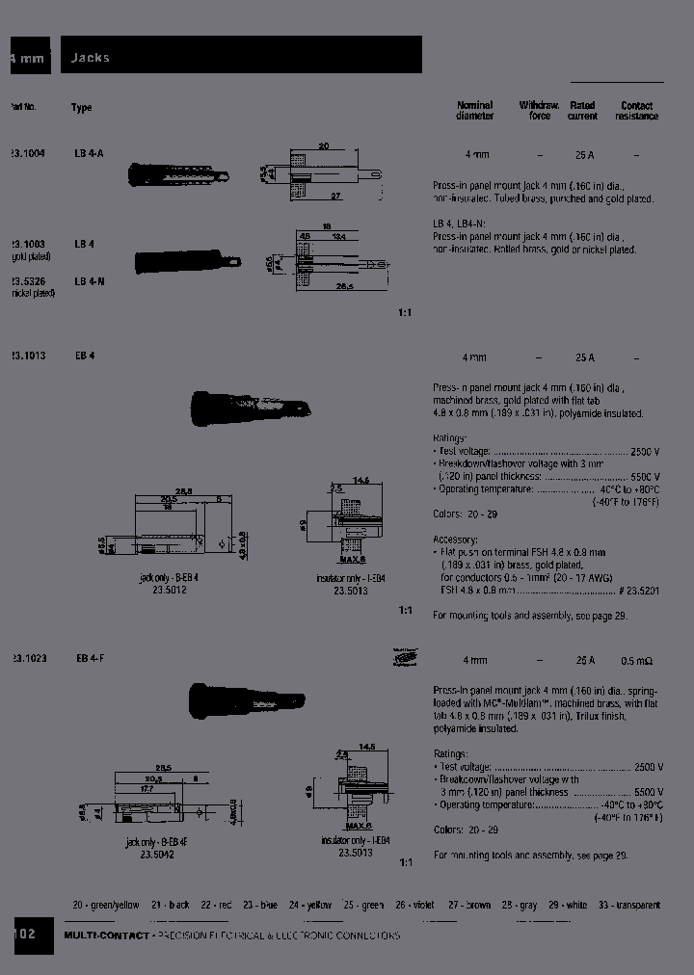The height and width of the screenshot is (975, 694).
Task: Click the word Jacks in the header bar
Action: pos(91,58)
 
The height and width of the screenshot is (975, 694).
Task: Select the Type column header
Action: pos(82,108)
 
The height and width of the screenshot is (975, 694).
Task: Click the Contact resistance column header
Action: pos(636,111)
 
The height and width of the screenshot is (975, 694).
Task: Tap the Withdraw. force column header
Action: pos(539,111)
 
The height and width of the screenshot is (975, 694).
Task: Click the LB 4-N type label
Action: pos(90,281)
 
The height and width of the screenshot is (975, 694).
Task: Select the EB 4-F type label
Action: pos(90,659)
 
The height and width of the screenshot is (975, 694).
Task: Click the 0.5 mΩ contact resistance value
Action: pos(637,661)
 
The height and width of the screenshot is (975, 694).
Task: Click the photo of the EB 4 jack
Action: pos(250,405)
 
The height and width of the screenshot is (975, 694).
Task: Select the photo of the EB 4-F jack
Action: pos(250,698)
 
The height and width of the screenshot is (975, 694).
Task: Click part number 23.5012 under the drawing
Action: pos(169,589)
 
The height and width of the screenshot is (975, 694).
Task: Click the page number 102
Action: pos(25,935)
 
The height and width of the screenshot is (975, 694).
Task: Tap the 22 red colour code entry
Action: pos(216,905)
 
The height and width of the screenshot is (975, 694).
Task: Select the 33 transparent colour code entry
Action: pos(628,905)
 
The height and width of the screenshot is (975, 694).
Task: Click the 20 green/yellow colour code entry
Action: pos(106,905)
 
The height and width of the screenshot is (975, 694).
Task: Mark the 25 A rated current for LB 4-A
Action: pos(584,154)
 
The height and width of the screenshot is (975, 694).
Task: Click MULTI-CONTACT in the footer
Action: pos(106,935)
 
